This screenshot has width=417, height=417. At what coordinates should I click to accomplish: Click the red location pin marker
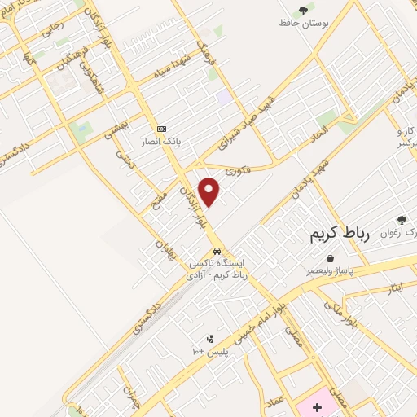[209, 192]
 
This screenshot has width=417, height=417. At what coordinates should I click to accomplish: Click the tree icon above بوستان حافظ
[303, 11]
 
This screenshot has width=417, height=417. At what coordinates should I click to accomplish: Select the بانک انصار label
[161, 141]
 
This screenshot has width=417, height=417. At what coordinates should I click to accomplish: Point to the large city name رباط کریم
[339, 235]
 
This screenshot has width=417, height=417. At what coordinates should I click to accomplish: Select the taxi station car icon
[217, 250]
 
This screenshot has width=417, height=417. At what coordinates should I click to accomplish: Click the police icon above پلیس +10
[210, 338]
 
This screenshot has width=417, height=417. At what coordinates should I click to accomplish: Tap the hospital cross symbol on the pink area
[317, 405]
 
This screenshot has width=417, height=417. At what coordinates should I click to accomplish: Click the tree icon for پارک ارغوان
[401, 219]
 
